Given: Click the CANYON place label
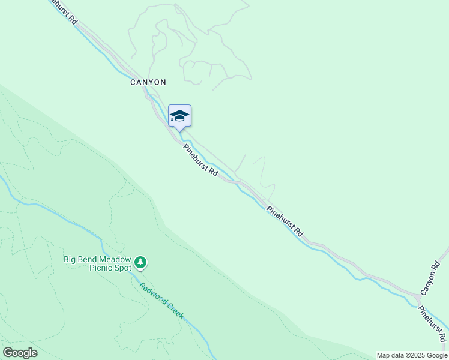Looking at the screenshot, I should (148, 82).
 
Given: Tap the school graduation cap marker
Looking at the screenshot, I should (179, 116).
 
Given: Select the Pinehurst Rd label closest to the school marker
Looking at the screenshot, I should (201, 160).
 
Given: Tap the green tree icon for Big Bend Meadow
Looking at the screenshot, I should (140, 262).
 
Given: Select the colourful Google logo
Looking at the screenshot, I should (20, 353).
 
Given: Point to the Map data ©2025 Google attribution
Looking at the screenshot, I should (412, 355).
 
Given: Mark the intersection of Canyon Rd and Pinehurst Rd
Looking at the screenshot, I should (418, 298).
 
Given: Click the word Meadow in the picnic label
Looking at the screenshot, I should (116, 260).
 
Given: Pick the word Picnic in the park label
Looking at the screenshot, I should (101, 268).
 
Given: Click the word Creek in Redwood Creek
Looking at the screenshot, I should (175, 312).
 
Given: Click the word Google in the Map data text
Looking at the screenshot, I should (437, 355).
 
